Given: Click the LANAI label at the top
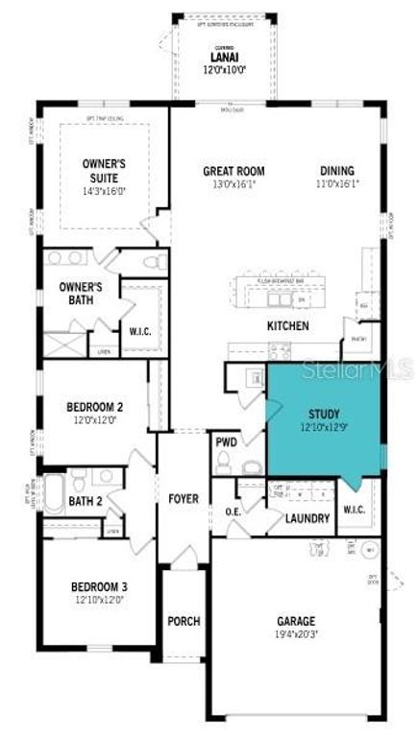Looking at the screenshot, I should click(x=216, y=58).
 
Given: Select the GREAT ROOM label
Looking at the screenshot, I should click(x=234, y=172).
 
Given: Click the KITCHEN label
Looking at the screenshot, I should click(x=287, y=326).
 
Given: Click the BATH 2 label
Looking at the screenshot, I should click(x=86, y=501).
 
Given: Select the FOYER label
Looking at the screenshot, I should click(x=183, y=499).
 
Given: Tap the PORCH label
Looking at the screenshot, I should click(x=184, y=622).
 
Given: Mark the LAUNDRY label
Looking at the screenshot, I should click(x=308, y=519).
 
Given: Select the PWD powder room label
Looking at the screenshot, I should click(x=227, y=442).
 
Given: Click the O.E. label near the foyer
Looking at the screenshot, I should click(x=233, y=511).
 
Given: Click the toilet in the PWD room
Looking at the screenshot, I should click(x=224, y=464).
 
